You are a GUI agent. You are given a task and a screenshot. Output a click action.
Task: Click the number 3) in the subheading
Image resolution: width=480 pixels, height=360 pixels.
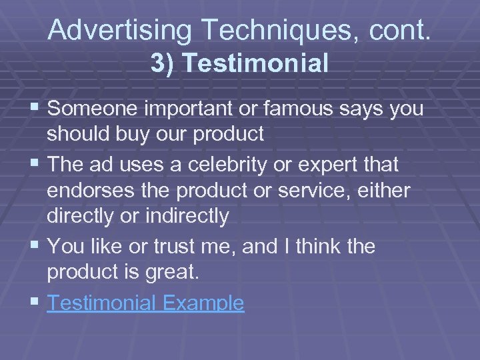click(x=163, y=63)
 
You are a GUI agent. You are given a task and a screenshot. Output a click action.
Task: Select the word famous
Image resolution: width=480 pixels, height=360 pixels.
click(x=302, y=109)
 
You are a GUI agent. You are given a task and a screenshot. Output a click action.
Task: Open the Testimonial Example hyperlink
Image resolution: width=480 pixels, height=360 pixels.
click(x=146, y=303)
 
